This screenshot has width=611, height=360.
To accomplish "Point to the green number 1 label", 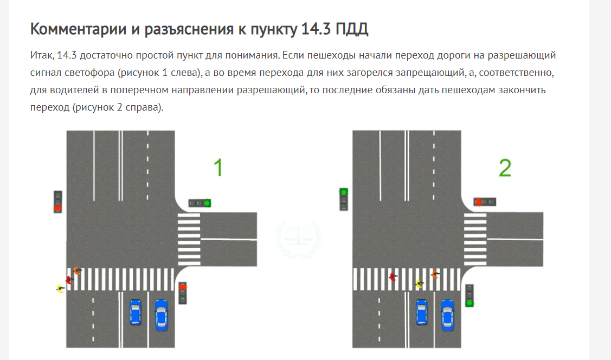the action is [218, 168].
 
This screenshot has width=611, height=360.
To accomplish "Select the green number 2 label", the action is [505, 168].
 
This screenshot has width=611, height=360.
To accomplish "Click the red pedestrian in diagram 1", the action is [69, 280].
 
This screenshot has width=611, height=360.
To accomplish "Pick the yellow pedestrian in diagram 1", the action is [60, 288].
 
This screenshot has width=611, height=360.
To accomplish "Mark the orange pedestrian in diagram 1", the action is [77, 271].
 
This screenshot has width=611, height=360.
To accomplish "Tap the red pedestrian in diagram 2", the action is [393, 277].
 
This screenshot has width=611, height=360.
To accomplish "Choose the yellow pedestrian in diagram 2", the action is [420, 284].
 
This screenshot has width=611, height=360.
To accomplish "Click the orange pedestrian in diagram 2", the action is [435, 275].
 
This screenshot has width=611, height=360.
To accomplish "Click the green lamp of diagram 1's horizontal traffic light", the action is [208, 203].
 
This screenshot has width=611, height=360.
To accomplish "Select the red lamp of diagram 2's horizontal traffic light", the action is [479, 202].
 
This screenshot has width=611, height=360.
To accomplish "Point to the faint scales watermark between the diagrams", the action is [298, 239].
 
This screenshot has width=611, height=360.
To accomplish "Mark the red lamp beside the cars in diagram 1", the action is [182, 287].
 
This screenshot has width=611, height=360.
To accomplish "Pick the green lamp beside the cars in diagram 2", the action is [469, 303].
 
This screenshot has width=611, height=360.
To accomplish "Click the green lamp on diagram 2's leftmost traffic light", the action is [344, 192].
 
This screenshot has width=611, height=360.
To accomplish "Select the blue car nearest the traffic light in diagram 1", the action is [162, 315].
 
